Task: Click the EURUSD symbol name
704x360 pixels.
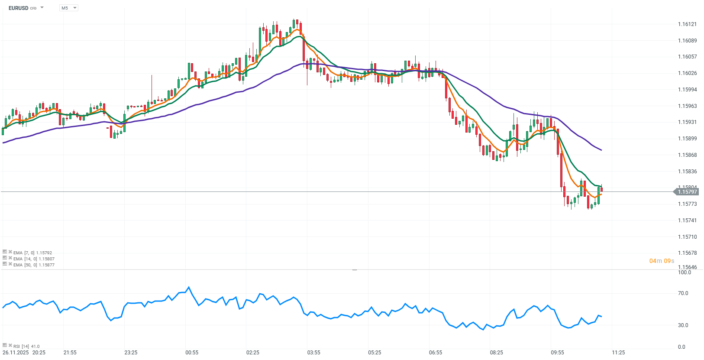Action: pos(18,8)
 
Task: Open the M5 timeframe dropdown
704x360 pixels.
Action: pos(68,8)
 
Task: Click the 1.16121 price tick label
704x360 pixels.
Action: pos(687,24)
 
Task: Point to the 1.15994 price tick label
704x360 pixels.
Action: pos(687,90)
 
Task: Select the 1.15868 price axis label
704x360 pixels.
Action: pos(687,155)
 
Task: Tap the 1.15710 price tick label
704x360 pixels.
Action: pos(687,237)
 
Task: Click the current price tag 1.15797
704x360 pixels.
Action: pos(687,192)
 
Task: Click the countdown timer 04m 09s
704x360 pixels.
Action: pos(662,261)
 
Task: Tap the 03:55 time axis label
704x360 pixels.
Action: pos(313,353)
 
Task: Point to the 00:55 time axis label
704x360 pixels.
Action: pos(192,353)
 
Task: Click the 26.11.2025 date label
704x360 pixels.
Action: pos(15,353)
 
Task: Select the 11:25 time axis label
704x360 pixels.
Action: pos(618,353)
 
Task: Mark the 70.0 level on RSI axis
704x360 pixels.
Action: pos(683,293)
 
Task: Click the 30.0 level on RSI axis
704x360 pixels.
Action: pos(683,325)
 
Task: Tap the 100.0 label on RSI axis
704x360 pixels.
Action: pos(684,272)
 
